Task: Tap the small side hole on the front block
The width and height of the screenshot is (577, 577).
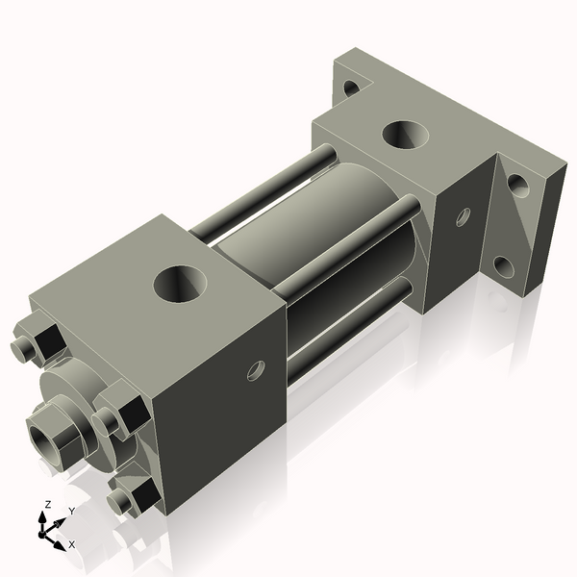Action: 256,369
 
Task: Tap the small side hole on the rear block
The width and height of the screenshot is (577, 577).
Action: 463,216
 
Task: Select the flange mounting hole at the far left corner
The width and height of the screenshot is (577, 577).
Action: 351,88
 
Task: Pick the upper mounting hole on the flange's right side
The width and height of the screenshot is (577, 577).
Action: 519,184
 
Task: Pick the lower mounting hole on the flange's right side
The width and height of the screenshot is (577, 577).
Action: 503,264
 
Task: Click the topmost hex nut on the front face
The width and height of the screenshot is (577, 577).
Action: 42,341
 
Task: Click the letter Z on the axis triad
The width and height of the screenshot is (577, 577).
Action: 47,505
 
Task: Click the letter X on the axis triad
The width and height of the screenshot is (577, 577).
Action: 72,544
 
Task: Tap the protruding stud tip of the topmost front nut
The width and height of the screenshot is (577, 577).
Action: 22,349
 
